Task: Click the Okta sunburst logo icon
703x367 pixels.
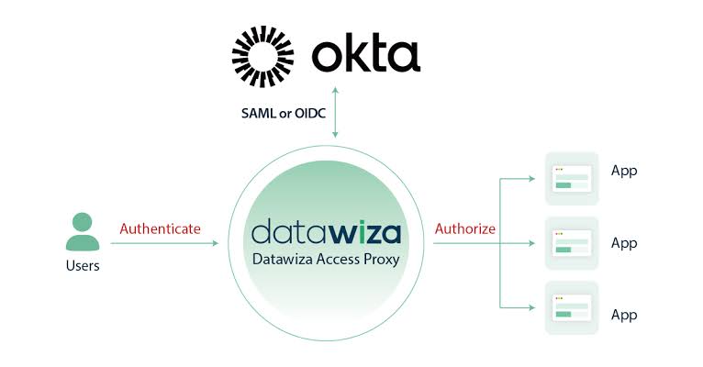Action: [262, 56]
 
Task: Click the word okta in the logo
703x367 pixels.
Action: [366, 55]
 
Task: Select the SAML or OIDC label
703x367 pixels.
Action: [284, 114]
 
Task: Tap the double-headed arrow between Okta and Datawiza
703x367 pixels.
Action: [335, 113]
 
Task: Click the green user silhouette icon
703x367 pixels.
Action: [83, 232]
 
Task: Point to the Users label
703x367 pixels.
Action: [83, 266]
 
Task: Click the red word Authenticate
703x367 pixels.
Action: [160, 229]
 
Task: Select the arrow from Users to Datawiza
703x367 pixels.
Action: [164, 243]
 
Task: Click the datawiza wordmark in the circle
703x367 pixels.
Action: [326, 231]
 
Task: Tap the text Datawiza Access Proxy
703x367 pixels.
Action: [326, 259]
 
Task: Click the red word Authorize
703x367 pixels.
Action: [465, 229]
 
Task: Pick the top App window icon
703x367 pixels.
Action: [572, 179]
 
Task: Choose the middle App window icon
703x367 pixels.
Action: [572, 243]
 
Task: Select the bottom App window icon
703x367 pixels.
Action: [572, 308]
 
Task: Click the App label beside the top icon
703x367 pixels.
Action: [624, 172]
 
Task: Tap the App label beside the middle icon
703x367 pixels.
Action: [624, 243]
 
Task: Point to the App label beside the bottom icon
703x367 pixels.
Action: [624, 315]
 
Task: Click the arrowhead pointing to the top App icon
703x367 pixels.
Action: [531, 179]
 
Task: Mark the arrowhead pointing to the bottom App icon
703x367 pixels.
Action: [531, 308]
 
